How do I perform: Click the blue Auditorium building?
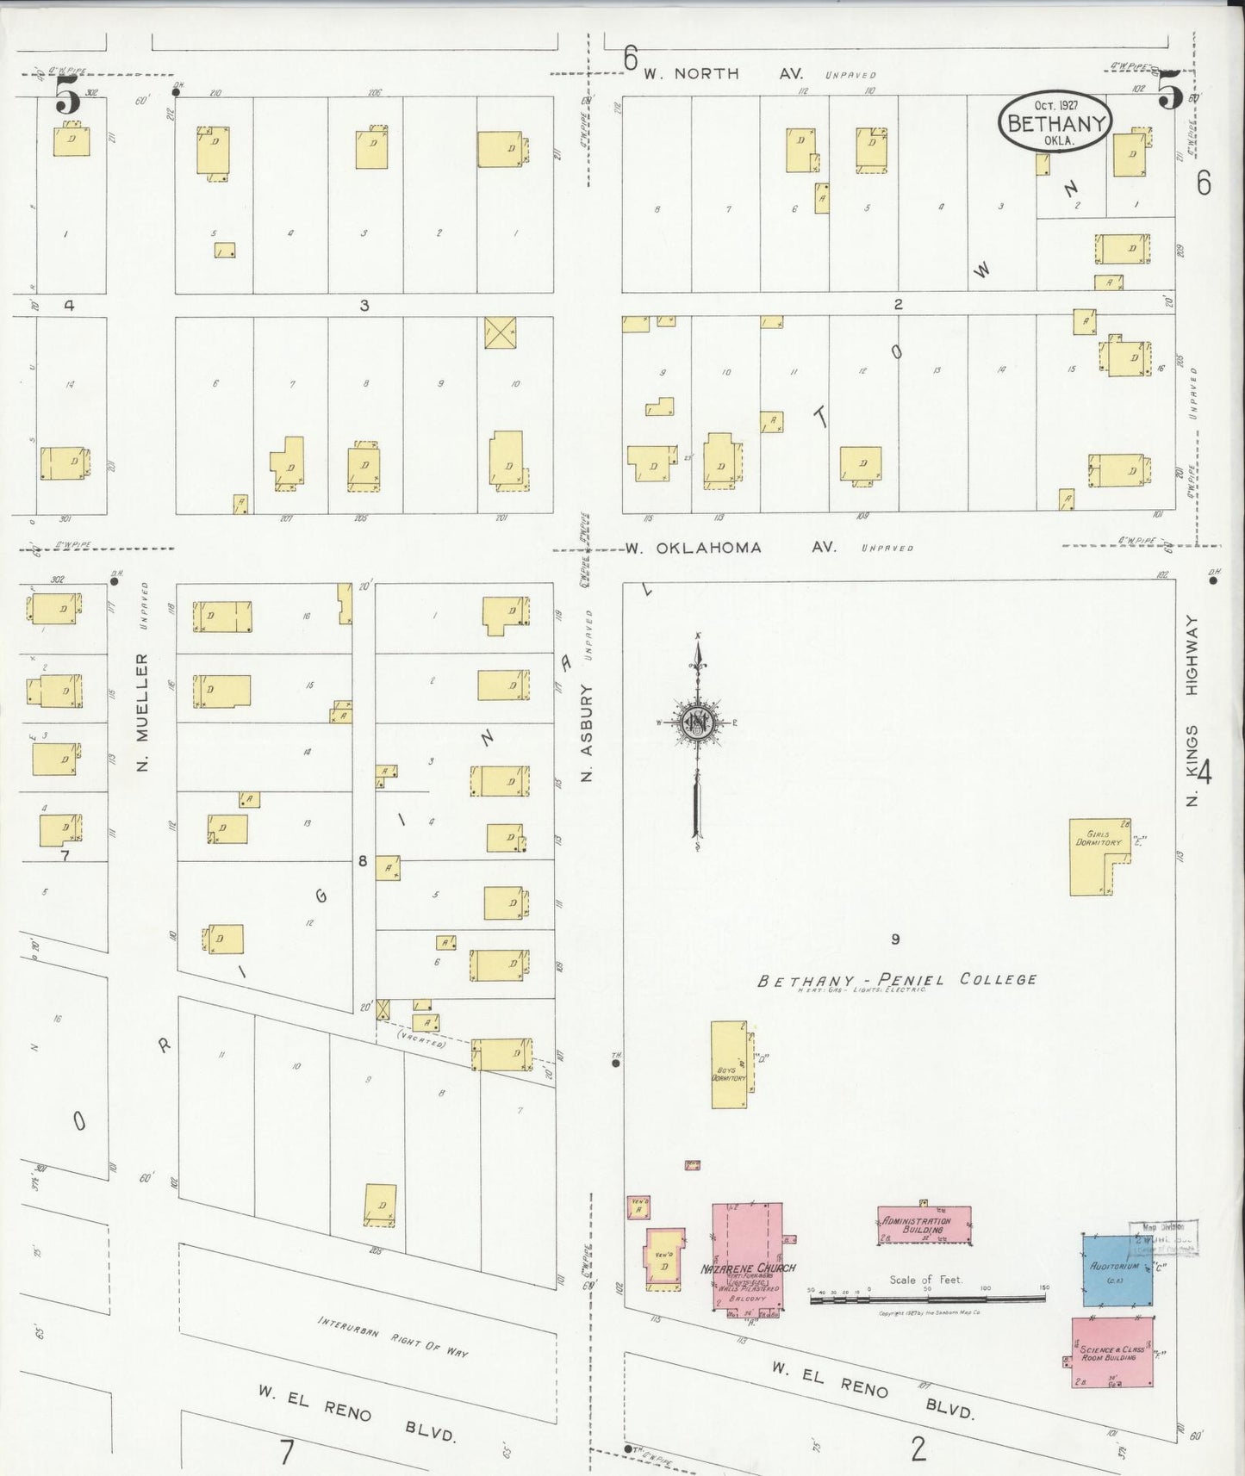tap(1117, 1271)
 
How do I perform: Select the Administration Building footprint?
tap(924, 1225)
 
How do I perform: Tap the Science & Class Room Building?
tap(1111, 1352)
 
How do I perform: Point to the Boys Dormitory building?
tap(729, 1064)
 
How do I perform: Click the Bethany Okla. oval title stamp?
tap(1055, 122)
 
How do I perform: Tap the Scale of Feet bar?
tap(927, 1299)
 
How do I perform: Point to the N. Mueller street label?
tap(142, 711)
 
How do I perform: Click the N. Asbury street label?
tap(588, 732)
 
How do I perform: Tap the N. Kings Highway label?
tap(1192, 710)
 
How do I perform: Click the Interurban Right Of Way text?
tap(393, 1336)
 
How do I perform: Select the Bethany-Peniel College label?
tap(896, 980)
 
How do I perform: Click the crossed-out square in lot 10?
tap(500, 332)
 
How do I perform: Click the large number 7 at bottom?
tap(287, 1451)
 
